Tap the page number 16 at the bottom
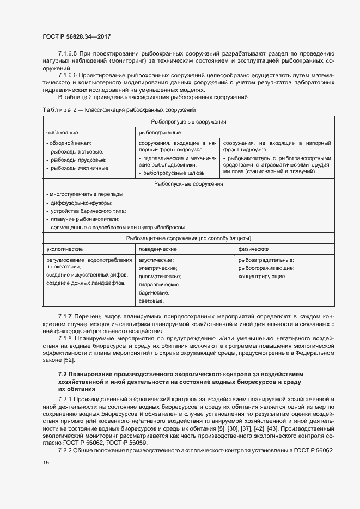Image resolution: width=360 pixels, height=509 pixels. (x=45, y=463)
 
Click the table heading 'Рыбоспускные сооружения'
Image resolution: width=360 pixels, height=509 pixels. (x=188, y=184)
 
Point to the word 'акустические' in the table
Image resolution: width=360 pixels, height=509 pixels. (x=156, y=260)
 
